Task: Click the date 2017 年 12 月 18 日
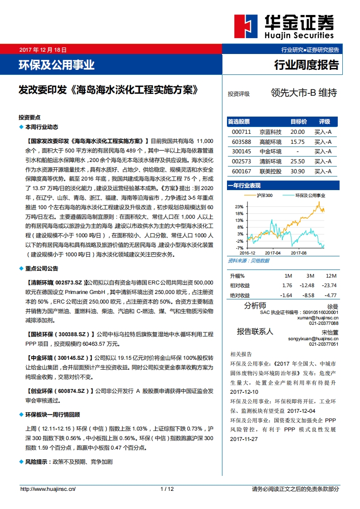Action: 43,50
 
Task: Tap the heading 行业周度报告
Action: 306,65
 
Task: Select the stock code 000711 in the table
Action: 241,132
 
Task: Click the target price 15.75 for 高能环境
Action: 297,142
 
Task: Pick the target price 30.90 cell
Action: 297,171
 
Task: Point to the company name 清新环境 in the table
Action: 271,162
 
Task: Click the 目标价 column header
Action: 298,122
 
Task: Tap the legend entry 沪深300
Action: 265,195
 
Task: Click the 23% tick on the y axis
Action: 240,206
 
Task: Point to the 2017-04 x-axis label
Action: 273,253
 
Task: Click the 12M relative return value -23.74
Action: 329,285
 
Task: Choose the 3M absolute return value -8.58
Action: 307,295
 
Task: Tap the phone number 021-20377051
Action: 324,344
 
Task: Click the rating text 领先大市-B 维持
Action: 304,93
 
